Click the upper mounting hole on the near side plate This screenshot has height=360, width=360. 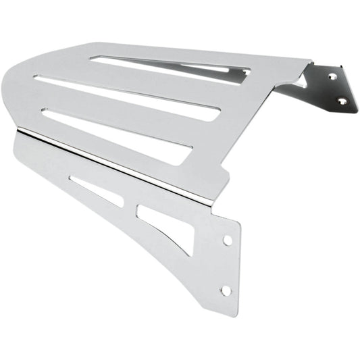227,240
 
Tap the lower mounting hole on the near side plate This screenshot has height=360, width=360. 226,290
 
